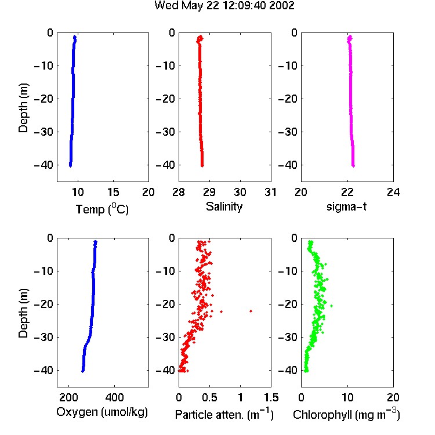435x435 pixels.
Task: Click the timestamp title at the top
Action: click(x=224, y=5)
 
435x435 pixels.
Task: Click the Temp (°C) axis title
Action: click(x=102, y=209)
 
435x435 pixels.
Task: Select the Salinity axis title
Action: click(x=224, y=206)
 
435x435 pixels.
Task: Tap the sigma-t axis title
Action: click(x=346, y=206)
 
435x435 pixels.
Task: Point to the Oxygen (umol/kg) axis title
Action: click(x=102, y=412)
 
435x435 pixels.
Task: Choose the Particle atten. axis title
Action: click(x=224, y=414)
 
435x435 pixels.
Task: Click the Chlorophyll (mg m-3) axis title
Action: click(x=346, y=414)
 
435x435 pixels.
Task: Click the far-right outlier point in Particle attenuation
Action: click(x=251, y=311)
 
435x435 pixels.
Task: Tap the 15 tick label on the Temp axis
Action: click(x=113, y=192)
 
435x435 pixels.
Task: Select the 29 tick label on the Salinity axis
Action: click(x=209, y=192)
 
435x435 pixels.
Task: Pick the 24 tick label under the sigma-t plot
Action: click(x=393, y=192)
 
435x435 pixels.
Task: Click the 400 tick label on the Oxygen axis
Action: click(x=114, y=397)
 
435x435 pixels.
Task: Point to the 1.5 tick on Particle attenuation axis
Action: click(x=271, y=397)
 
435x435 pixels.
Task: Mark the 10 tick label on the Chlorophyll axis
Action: click(x=347, y=397)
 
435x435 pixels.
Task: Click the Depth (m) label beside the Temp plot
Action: click(x=23, y=108)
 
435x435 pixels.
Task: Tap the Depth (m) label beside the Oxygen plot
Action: click(x=23, y=313)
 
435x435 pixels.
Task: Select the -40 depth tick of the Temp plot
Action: click(x=43, y=165)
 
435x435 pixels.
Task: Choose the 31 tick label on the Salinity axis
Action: click(x=271, y=192)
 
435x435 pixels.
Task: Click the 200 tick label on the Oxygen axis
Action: click(x=68, y=397)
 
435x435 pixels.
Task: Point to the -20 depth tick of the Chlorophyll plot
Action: click(x=288, y=304)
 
